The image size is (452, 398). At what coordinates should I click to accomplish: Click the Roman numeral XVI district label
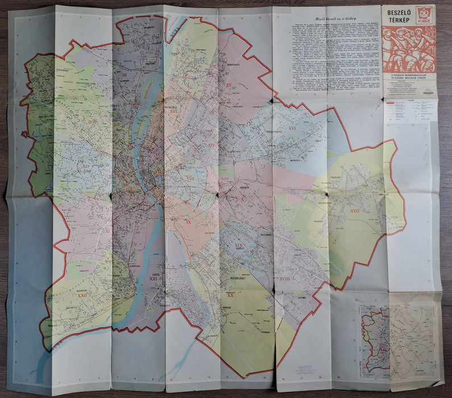[x=292, y=128]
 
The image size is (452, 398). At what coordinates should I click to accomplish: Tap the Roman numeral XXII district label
[x=83, y=295]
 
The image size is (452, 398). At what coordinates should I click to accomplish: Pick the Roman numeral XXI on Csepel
[x=153, y=278]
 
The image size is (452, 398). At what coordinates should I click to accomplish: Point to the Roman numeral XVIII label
[x=284, y=279]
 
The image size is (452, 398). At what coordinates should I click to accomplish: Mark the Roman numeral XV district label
[x=228, y=85]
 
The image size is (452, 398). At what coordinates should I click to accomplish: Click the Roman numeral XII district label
[x=86, y=167]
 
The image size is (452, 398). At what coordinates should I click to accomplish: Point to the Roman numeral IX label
[x=188, y=221]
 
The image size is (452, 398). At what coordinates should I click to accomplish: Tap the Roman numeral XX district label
[x=230, y=295]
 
